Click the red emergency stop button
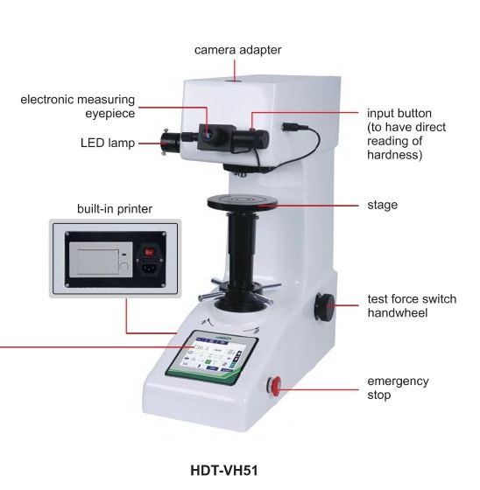pos(275,386)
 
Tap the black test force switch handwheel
pos(324,307)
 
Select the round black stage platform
pos(243,201)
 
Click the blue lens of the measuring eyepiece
pos(208,135)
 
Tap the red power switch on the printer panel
pos(149,252)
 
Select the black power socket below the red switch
pos(149,269)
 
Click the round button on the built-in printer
pos(124,267)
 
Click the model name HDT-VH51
pos(224,471)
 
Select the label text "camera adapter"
pos(237,50)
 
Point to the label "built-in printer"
pos(115,209)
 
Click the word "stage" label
pos(383,206)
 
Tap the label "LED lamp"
pos(108,143)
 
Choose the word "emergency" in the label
pos(398,381)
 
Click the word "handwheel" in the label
pos(398,312)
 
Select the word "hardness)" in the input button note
pos(394,155)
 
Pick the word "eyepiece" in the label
pos(110,114)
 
